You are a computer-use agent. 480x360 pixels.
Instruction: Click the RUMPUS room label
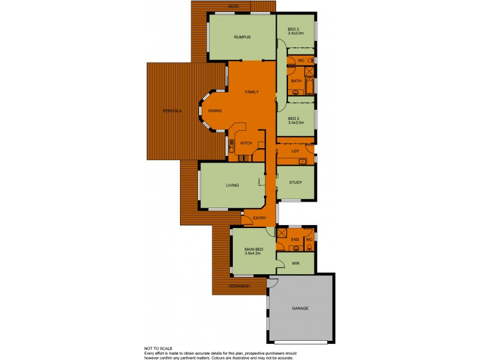(242, 37)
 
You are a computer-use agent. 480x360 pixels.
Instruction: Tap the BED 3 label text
(293, 29)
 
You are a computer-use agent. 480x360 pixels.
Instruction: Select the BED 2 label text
(293, 118)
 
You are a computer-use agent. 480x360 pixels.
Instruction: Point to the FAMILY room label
(251, 92)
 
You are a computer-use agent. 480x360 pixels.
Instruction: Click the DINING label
(215, 111)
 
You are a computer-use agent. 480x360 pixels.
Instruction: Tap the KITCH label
(246, 143)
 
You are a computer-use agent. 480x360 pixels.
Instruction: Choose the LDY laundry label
(295, 151)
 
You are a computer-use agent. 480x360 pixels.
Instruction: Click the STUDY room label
(295, 182)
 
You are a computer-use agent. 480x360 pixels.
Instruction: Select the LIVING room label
(233, 185)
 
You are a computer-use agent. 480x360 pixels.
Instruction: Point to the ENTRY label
(259, 218)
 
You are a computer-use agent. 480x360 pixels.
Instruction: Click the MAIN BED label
(254, 249)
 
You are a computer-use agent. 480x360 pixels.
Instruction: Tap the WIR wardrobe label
(295, 263)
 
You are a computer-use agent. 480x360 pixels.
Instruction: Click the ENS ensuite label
(295, 240)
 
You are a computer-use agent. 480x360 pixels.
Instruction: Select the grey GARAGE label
(300, 308)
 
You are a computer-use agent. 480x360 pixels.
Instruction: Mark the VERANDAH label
(239, 286)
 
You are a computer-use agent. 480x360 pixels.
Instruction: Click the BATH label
(296, 81)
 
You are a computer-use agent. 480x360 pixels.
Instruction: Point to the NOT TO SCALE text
(157, 348)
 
